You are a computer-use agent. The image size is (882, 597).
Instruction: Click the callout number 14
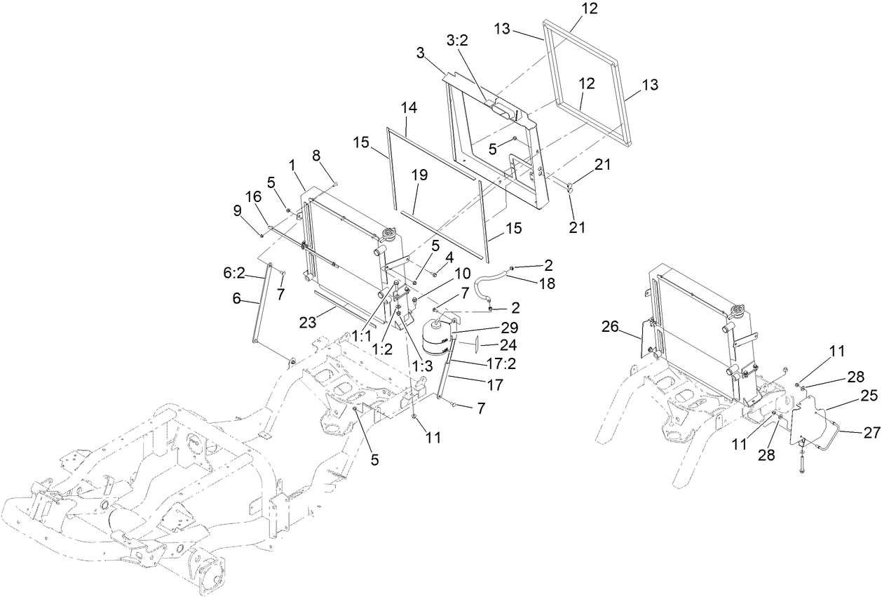pos(409,109)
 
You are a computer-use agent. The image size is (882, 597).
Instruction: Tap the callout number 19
pos(420,176)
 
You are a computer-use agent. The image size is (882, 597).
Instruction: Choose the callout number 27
pos(871,434)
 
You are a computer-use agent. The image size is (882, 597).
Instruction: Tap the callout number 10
pos(463,274)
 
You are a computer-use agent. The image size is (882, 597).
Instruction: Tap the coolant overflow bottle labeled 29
pos(438,335)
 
